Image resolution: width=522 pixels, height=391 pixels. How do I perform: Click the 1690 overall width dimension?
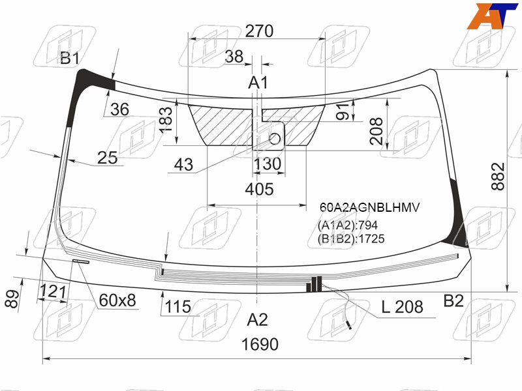tap(260, 345)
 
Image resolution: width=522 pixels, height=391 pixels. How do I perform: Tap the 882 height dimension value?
tap(499, 176)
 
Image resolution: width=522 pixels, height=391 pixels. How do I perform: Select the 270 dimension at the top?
tap(259, 31)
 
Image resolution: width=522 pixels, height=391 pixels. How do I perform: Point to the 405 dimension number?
tap(259, 189)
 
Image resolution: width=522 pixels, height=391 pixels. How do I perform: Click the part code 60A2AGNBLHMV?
tap(369, 207)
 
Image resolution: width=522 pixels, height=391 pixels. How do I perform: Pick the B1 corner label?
tap(70, 59)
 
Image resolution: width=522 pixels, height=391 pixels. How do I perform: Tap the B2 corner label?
tap(453, 301)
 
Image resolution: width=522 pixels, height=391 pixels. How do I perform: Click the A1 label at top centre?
tap(258, 83)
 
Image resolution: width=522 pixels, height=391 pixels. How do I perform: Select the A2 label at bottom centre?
tap(257, 320)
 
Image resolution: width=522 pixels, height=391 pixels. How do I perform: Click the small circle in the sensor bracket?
tap(275, 139)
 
